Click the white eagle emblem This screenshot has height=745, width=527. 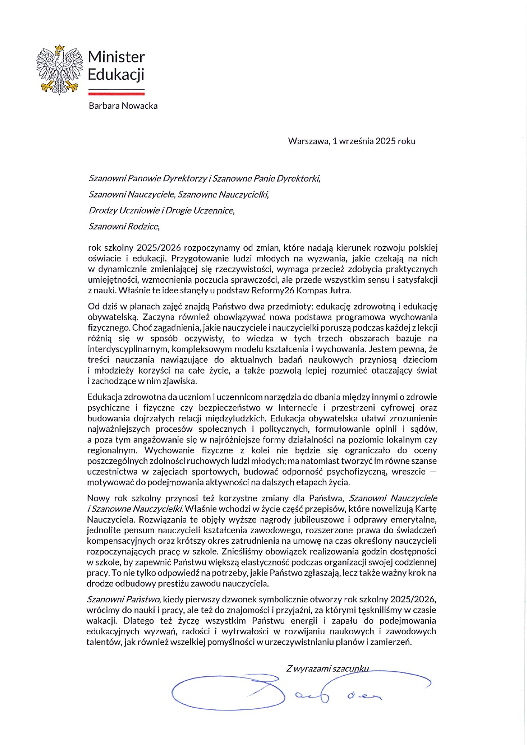point(59,69)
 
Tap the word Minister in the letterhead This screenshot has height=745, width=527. point(116,57)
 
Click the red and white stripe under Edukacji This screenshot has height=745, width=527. point(116,92)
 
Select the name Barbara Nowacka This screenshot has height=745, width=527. point(123,106)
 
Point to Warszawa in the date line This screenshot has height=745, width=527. point(308,141)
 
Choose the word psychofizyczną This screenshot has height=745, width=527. point(356,472)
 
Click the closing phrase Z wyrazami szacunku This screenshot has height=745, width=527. point(327,669)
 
